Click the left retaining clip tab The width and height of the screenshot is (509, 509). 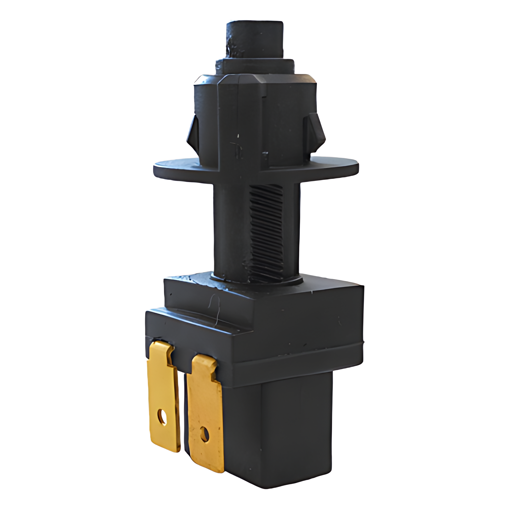click(x=193, y=133)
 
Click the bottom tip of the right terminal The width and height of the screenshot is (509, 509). click(x=209, y=470)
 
